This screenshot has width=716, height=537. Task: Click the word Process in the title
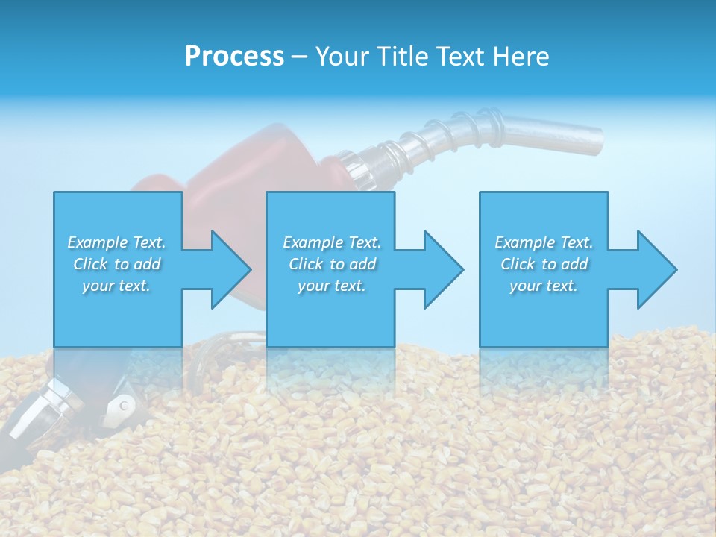click(x=234, y=57)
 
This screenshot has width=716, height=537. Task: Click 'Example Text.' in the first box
click(x=116, y=242)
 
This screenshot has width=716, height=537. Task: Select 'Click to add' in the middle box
click(x=332, y=264)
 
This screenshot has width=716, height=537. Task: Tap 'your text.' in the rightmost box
click(x=544, y=286)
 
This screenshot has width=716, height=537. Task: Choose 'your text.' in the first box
click(x=116, y=286)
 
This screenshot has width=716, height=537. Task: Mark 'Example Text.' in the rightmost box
click(x=544, y=242)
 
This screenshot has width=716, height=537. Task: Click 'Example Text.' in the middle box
click(x=332, y=242)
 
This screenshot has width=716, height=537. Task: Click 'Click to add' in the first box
click(x=116, y=264)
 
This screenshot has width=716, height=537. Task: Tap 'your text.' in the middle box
click(x=332, y=286)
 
